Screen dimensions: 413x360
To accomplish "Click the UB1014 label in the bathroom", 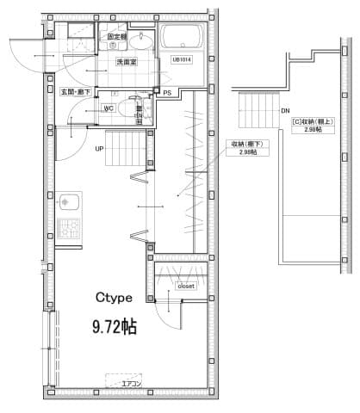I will point(182,59).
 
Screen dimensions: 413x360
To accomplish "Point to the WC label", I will point(110,108).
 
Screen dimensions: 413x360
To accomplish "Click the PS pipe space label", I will point(167,92).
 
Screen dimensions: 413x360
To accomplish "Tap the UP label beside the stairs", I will point(100,148).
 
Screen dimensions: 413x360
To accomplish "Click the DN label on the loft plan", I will point(285,111).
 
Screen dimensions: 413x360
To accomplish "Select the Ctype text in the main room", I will point(113,298).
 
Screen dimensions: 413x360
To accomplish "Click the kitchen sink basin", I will point(65,204).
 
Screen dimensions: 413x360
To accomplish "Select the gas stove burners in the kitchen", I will point(66,230).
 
